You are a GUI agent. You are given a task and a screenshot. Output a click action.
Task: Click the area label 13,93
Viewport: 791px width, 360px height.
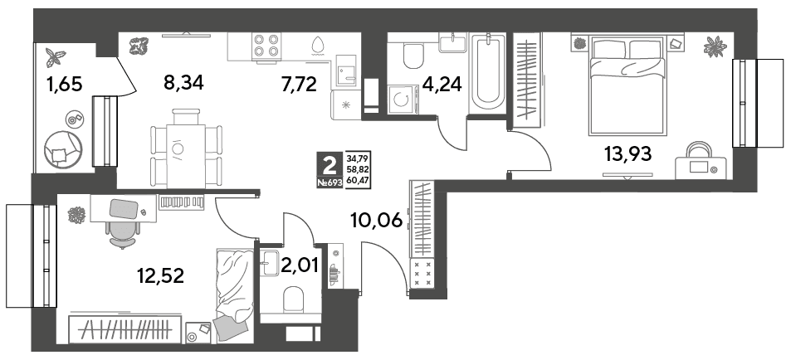tap(628, 152)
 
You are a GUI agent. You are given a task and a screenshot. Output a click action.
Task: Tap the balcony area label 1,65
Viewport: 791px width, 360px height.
tap(64, 85)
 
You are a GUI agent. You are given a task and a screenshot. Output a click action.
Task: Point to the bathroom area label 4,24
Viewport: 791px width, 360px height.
tap(442, 85)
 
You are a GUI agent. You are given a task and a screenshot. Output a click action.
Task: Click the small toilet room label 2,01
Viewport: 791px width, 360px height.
tap(300, 265)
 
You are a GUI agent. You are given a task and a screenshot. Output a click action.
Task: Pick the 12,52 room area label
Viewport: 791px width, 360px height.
tap(161, 275)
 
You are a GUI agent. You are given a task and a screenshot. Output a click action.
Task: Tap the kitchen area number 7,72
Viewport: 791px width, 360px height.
tap(299, 85)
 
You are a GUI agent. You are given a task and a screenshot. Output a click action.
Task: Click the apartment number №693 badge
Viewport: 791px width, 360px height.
tap(330, 183)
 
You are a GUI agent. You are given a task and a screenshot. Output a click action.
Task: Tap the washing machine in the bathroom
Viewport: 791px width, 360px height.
tap(402, 100)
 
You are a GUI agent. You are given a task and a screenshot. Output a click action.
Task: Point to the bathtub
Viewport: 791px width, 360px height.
tap(487, 73)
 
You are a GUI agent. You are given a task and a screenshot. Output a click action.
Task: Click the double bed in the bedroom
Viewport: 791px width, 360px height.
tap(626, 85)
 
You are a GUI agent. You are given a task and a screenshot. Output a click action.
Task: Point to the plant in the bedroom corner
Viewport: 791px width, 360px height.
tap(716, 47)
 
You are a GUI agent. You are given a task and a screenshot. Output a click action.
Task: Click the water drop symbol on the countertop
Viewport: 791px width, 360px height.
tap(317, 46)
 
